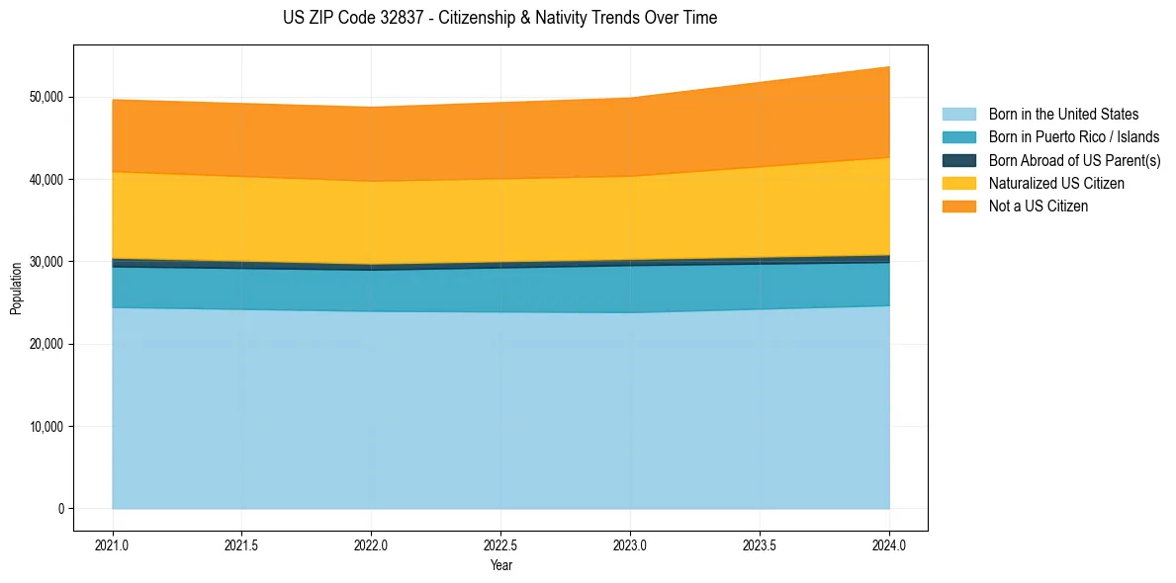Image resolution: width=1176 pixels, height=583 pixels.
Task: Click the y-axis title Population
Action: click(16, 289)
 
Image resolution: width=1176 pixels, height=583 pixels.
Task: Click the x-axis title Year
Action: click(500, 565)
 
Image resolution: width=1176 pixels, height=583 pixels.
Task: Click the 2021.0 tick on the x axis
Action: click(113, 544)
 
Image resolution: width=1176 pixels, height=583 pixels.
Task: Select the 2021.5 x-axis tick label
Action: click(242, 544)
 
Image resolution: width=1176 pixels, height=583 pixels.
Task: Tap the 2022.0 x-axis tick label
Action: click(372, 544)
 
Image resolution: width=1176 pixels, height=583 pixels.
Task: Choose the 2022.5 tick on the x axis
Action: click(501, 544)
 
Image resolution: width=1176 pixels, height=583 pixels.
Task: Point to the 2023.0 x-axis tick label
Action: click(631, 544)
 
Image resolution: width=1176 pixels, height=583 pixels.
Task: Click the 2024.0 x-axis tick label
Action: click(889, 544)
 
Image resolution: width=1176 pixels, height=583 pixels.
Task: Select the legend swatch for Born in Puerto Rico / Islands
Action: click(958, 137)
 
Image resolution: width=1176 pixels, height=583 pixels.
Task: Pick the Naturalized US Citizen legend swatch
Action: click(958, 184)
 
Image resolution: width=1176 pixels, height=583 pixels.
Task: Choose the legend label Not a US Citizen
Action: click(1038, 207)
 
